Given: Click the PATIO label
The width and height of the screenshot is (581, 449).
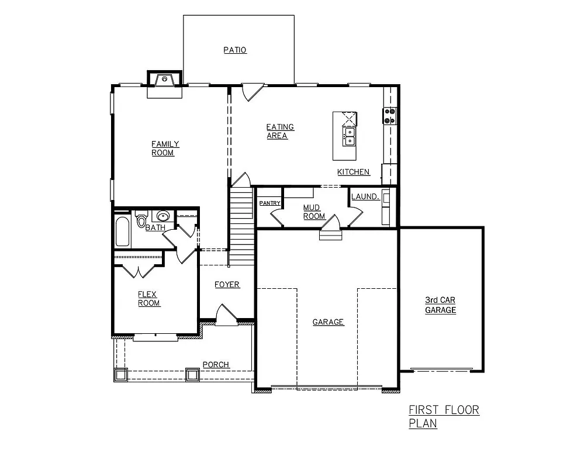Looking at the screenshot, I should coord(235,50).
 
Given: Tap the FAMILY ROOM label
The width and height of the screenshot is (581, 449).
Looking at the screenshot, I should coord(165,148).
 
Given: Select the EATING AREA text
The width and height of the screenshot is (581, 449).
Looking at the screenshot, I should coord(280,132).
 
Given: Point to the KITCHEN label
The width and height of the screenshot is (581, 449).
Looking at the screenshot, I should coord(354,172).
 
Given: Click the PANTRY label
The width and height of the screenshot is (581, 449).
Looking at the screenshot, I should coord(270,203).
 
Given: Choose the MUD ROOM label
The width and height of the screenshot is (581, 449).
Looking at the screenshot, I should coord(314,212).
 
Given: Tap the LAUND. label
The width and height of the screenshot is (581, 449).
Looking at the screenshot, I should coord(365,197).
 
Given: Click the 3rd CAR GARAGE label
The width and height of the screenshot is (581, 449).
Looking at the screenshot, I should coord(440,306).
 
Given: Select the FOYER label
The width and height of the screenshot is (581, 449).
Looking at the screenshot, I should coord(227,285).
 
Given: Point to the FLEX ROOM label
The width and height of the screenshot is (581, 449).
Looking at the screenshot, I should coord(148,299).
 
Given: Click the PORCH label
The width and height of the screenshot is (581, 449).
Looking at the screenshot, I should coord(216,365).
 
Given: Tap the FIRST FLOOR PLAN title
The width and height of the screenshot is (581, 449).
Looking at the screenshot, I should coord(444,416).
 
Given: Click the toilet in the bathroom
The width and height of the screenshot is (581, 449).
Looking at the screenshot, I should coord(141,220).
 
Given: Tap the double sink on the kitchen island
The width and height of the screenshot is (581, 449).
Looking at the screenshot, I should coord(348,136).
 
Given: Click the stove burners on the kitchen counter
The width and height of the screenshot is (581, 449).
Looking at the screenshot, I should coord(390,116).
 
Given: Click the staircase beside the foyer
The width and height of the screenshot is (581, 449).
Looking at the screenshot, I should coord(241,225).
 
